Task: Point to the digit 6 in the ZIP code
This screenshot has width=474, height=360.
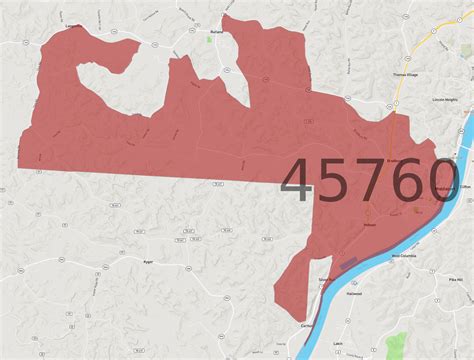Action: [408, 182]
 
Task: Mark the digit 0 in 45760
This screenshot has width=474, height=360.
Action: [443, 182]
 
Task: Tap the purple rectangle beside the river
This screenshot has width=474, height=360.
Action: [348, 264]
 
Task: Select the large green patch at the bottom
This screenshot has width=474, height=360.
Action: [397, 345]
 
